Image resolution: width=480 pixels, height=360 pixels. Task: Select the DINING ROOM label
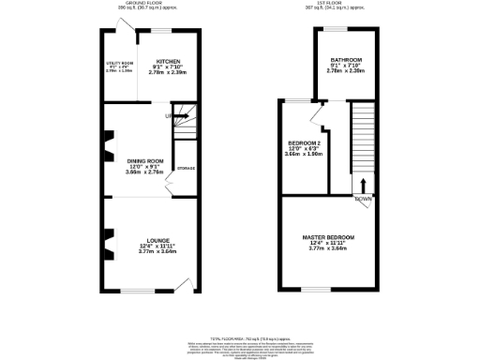click(145, 161)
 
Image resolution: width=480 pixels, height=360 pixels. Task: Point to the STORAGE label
click(186, 168)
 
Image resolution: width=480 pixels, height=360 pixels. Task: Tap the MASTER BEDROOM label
click(328, 237)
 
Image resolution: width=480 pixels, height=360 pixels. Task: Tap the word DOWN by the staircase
click(363, 200)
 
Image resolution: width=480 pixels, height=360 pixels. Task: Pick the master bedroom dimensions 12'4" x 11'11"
click(328, 243)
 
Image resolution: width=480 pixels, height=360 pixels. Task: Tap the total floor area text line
click(239, 337)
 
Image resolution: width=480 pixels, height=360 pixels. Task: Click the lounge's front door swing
click(190, 282)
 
